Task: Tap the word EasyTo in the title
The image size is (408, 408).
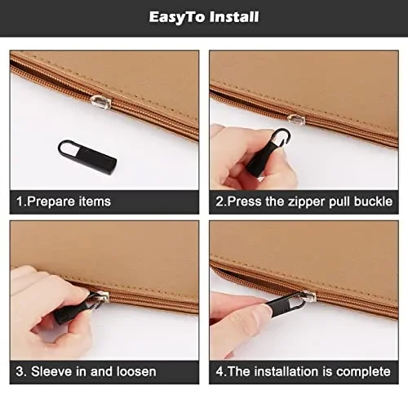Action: pyautogui.click(x=175, y=16)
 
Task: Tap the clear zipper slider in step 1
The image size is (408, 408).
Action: pyautogui.click(x=100, y=101)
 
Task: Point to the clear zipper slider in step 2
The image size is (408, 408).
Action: pyautogui.click(x=295, y=119)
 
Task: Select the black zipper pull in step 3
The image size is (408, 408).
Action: pyautogui.click(x=75, y=309)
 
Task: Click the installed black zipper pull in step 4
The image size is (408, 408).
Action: pyautogui.click(x=282, y=313)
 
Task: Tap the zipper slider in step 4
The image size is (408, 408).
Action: pyautogui.click(x=305, y=297)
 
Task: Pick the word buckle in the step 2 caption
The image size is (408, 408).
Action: pyautogui.click(x=373, y=202)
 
